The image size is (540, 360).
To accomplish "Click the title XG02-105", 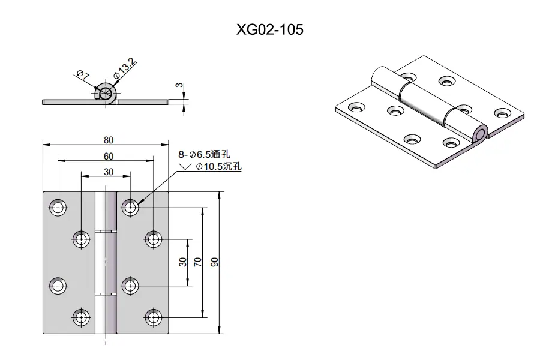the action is point(269,29).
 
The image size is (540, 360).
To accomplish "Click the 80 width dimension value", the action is point(109,140).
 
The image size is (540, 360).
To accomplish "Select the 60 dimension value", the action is point(109,157).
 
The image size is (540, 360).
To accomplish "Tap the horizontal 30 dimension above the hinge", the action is point(109,172).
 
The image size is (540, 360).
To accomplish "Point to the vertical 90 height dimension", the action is point(214,262).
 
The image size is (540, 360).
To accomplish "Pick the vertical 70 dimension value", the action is point(197,262).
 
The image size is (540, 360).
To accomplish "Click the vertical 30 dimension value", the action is point(183,262).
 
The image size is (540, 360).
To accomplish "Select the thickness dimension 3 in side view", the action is point(179,85).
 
